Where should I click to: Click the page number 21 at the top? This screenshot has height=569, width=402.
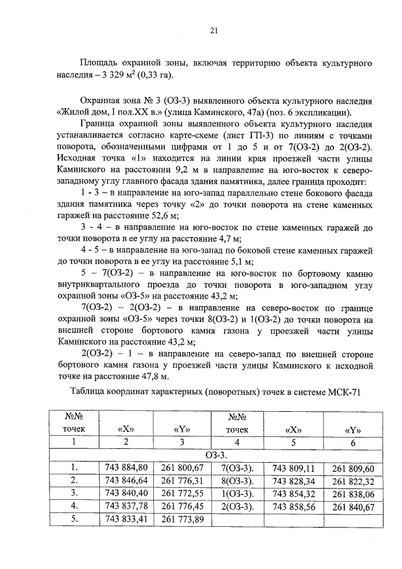pos(214,30)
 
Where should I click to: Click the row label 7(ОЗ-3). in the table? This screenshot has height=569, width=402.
pos(237,467)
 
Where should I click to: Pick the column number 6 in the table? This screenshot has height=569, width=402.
pos(352,442)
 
